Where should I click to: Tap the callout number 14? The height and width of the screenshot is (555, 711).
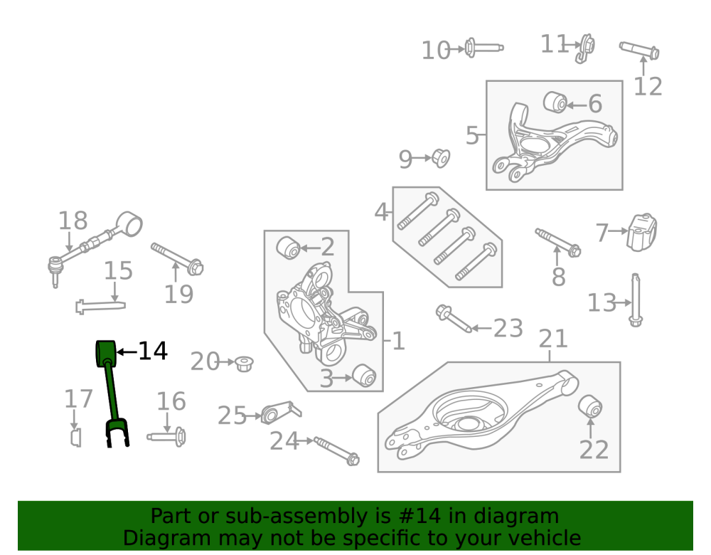coord(152,351)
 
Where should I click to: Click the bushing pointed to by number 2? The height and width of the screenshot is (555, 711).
coord(289,248)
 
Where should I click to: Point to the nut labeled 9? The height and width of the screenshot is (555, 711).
coord(440,158)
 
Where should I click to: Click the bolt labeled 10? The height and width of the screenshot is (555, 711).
coord(484,47)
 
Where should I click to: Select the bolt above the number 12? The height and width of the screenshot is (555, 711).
coord(639,51)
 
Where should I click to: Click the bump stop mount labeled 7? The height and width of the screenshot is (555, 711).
coord(642,233)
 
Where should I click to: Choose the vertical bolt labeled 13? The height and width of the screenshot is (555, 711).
coord(636,300)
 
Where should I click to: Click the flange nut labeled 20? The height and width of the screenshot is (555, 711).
coord(244,364)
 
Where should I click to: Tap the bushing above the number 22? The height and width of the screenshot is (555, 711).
coord(590,406)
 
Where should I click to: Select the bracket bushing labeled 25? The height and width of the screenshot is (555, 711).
coord(281,412)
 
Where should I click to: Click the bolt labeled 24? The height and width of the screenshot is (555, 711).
coord(336,450)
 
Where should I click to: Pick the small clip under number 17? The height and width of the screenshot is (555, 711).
coord(76,438)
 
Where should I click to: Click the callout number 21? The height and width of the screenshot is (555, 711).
coord(553,339)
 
